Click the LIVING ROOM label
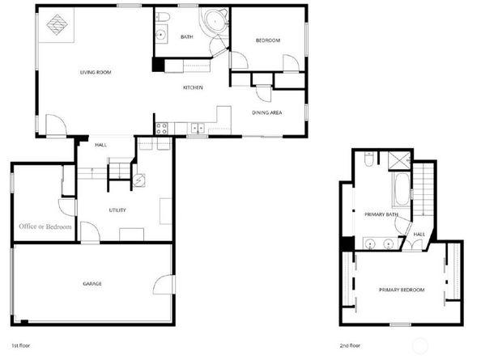coord(95,72)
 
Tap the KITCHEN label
coord(192,87)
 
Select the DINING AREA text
coord(266,112)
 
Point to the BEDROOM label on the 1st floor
coord(267,40)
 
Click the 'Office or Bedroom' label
coord(45,227)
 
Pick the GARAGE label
coord(92,283)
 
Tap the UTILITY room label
coord(117,210)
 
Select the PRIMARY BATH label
coord(381,214)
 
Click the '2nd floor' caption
coord(350,345)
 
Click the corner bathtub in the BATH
coord(215,23)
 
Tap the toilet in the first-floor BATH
coord(164,19)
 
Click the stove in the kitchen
coord(162,126)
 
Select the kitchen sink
coord(196,127)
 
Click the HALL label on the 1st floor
coord(101,145)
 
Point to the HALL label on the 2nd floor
coord(419,235)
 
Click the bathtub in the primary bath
coord(400,191)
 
